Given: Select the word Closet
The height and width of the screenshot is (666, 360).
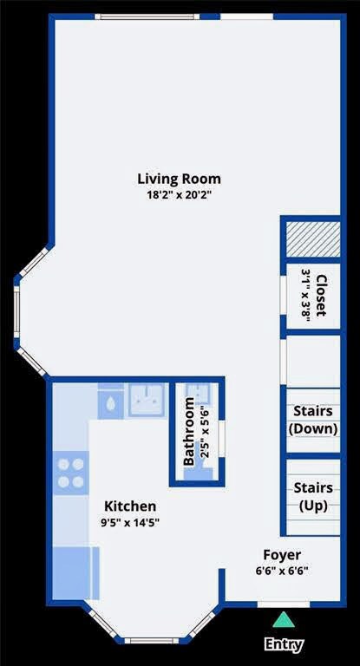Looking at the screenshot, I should (x=321, y=295).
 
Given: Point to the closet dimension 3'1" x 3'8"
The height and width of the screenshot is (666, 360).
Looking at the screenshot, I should (x=305, y=295).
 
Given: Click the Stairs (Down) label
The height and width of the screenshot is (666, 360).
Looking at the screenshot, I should (x=312, y=420).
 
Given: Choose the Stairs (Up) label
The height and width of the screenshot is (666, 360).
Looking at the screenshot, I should (x=312, y=496).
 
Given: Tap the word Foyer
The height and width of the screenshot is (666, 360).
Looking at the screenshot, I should (x=282, y=555).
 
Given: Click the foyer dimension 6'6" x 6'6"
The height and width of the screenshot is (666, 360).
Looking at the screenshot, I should (x=282, y=571).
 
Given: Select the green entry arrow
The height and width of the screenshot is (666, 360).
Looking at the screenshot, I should (x=283, y=619).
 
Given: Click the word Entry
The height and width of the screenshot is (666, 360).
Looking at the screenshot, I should (x=283, y=644).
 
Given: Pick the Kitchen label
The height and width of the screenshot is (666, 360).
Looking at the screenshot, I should (x=130, y=506).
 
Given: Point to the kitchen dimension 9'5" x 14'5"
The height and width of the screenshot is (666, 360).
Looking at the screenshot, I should (x=130, y=522).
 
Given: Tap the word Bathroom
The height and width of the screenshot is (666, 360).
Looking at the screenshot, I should (x=189, y=432).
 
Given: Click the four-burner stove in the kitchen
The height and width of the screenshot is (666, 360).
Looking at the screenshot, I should (x=71, y=471).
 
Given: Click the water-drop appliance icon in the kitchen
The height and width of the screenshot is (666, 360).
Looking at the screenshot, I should (x=111, y=402).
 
